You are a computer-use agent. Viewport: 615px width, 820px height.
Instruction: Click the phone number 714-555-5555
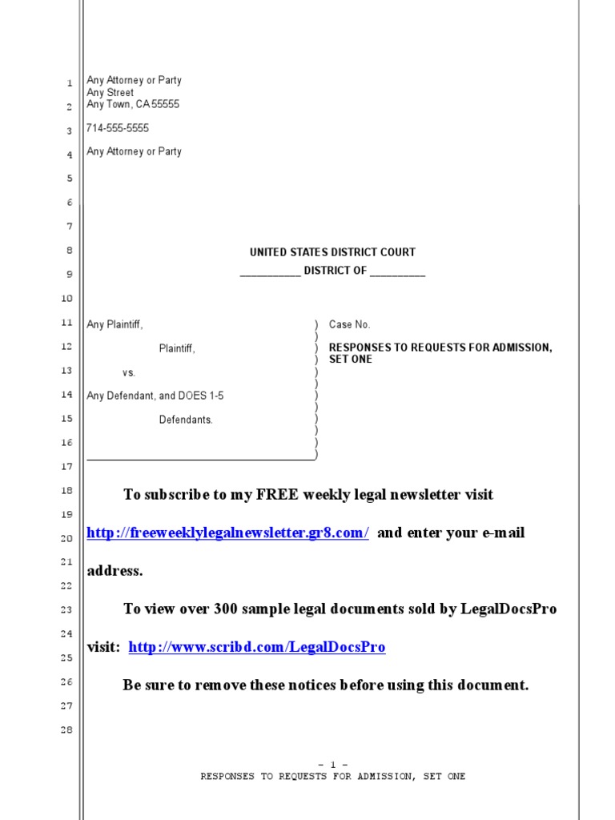pos(118,128)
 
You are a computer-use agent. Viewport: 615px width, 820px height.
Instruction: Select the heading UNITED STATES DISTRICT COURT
pos(332,252)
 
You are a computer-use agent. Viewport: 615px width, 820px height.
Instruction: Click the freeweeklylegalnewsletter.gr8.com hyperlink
pos(227,533)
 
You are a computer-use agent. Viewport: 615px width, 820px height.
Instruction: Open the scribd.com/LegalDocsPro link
pos(257,648)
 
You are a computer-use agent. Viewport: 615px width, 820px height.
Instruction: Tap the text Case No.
pos(349,325)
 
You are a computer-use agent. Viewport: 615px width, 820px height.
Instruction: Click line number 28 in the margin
pos(66,730)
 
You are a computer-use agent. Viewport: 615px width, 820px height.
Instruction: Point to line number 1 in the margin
pos(70,83)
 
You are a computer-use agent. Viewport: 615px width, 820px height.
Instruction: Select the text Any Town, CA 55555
pos(133,105)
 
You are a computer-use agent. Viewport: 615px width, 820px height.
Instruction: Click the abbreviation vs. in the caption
pos(129,373)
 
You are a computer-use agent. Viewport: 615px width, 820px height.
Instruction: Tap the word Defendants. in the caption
pos(186,420)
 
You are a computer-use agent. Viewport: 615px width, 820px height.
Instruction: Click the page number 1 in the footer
pos(332,765)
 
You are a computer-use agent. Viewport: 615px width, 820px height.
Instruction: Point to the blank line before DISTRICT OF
pos(270,271)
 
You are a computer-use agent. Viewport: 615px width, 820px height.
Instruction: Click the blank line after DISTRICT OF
pos(398,271)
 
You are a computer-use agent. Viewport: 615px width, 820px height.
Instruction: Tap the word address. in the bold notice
pos(115,572)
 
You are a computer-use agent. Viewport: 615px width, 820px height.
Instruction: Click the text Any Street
pos(111,93)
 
